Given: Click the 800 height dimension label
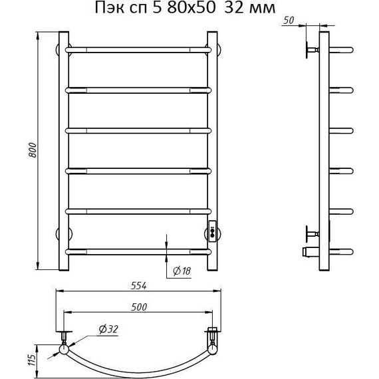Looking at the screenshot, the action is (33, 150).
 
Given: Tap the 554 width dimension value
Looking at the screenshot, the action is (139, 286).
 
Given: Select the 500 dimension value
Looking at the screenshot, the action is (139, 307).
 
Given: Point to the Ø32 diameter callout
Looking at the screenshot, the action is (108, 329).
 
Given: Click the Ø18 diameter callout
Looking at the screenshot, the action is (182, 271).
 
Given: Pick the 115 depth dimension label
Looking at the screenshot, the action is (32, 360).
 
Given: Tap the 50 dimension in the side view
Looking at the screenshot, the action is (289, 21).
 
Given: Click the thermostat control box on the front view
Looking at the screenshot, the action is (213, 231).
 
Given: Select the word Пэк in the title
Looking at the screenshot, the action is (109, 8).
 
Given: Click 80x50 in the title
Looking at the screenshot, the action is (191, 7).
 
